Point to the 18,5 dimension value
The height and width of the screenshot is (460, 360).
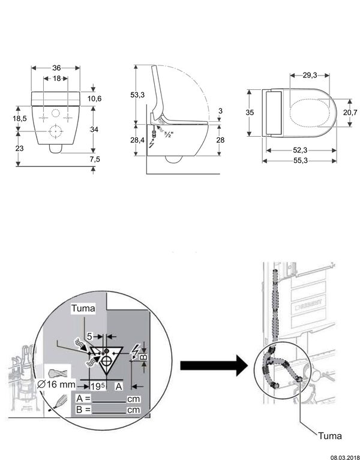click(20, 119)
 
